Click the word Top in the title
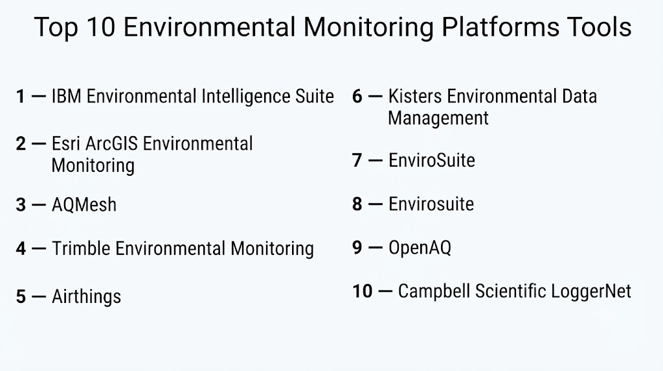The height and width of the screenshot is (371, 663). [56, 28]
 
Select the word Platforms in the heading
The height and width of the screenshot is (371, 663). [500, 27]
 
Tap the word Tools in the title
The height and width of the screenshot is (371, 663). [600, 27]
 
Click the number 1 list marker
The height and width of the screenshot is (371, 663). [20, 96]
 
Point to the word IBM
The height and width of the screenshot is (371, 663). [67, 96]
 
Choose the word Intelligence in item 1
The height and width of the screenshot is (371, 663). [245, 97]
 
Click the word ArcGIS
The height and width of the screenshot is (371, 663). [111, 143]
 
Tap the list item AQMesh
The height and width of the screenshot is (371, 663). [84, 204]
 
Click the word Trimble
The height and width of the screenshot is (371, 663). [81, 248]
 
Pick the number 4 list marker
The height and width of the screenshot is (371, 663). [21, 248]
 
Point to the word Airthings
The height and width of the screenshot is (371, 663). [86, 296]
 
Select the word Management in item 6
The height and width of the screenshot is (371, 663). [438, 118]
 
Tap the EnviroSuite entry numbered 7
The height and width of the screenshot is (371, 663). [432, 160]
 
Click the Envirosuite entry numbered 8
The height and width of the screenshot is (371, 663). [431, 204]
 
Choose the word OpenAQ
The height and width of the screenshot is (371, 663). [420, 247]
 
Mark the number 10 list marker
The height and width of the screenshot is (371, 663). [363, 291]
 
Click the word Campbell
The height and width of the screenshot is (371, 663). [434, 291]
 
